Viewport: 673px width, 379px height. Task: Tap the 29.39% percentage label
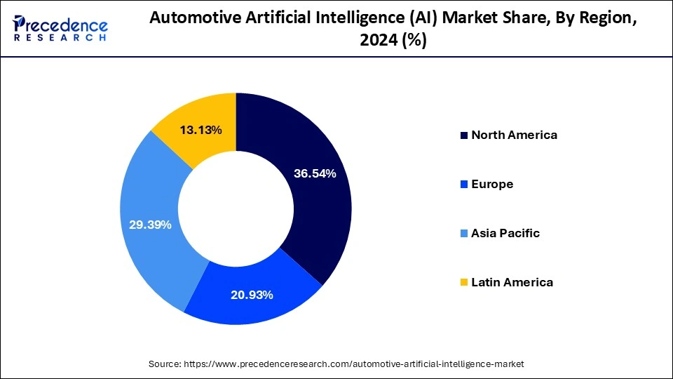[x=151, y=225]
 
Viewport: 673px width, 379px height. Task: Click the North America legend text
[x=514, y=135]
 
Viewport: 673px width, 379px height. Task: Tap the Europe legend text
[x=492, y=184]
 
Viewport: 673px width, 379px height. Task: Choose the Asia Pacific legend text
[x=505, y=233]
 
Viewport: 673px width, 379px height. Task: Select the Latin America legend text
[x=512, y=282]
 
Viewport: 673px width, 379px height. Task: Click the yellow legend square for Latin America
[x=463, y=283]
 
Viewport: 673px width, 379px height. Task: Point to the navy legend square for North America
[x=463, y=135]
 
